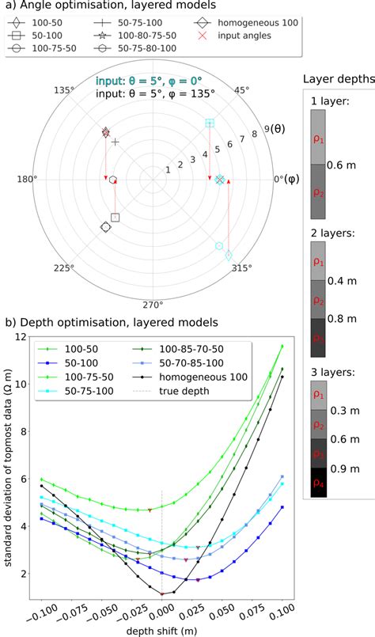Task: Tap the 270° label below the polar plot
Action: pos(152,305)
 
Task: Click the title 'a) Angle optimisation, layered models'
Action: pos(88,7)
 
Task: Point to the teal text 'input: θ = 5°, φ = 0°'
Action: pos(144,81)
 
